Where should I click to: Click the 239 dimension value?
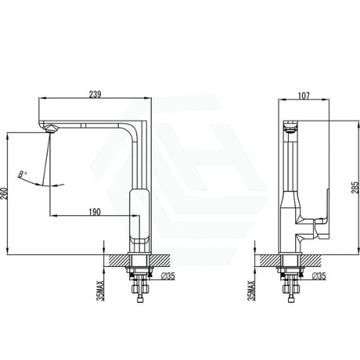(95, 94)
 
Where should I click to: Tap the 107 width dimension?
(304, 95)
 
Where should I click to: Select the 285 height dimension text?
(355, 188)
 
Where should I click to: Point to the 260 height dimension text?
(5, 193)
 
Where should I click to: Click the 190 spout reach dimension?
(95, 212)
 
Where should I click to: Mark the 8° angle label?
(23, 175)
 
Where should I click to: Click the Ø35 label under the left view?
(168, 275)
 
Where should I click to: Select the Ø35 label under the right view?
(319, 275)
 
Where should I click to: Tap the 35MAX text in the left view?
(100, 290)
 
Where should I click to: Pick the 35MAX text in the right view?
(251, 290)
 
